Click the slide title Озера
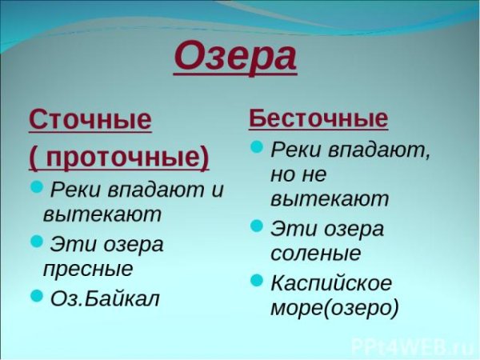234,58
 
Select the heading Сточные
90,120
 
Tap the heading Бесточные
318,119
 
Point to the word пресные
88,269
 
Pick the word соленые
316,254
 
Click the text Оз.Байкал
105,298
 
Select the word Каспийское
330,282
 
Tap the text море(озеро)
334,308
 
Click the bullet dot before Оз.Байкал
37,296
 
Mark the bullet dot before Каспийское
257,280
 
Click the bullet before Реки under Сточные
37,188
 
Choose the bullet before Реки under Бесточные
257,147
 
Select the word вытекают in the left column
102,214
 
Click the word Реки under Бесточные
296,149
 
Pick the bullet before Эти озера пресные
37,241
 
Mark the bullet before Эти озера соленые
257,226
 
